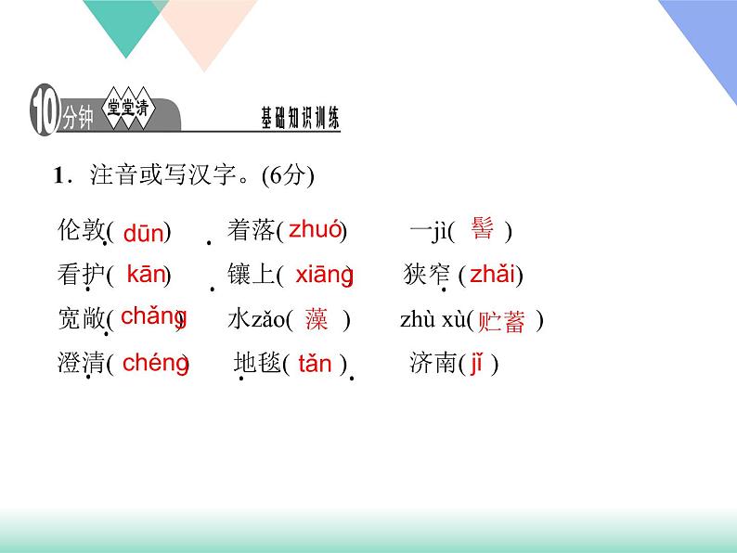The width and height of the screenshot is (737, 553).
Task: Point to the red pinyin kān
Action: coord(145,274)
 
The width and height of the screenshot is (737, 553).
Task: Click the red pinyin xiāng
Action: coord(323,275)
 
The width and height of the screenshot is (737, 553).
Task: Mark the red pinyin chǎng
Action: coord(152,316)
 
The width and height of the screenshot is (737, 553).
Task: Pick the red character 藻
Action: coord(317,320)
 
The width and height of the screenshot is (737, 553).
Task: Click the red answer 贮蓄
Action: coord(501,322)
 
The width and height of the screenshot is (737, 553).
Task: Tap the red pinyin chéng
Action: coord(154,363)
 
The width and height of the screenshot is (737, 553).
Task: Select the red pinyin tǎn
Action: coord(316,364)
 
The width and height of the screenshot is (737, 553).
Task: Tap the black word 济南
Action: coord(432,364)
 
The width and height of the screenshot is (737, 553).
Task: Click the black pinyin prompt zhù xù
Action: coord(432,321)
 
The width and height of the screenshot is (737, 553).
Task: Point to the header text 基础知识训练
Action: coord(301,118)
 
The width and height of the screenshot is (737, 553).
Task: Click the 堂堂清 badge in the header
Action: coord(127,109)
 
